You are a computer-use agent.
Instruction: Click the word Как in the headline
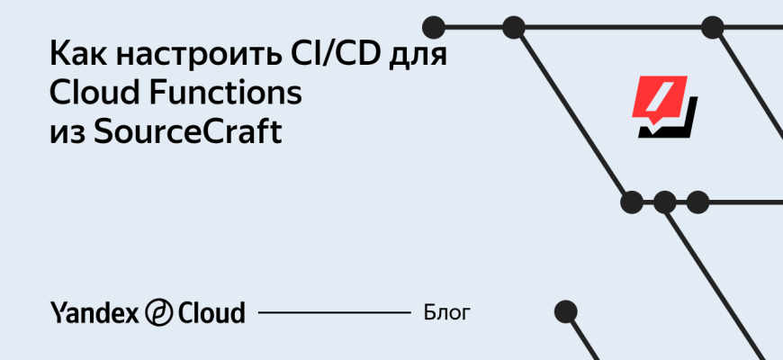click(x=74, y=53)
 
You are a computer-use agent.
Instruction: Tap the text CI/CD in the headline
click(x=328, y=53)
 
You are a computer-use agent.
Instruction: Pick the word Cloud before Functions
click(x=93, y=92)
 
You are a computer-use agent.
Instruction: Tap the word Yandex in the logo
click(x=94, y=313)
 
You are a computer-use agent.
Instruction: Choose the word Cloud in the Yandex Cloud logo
click(x=211, y=313)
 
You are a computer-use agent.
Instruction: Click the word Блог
click(x=445, y=313)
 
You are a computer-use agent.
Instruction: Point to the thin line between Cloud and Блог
click(x=333, y=313)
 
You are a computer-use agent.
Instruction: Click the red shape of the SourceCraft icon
click(x=658, y=98)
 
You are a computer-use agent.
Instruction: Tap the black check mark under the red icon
click(x=670, y=129)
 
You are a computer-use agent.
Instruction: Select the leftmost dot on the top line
click(x=434, y=26)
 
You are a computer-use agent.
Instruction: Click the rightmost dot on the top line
click(x=713, y=26)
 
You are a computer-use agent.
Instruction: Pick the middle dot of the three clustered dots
click(x=664, y=201)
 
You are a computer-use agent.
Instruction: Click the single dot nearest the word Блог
click(x=564, y=310)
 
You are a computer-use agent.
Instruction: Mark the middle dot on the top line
click(x=513, y=26)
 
